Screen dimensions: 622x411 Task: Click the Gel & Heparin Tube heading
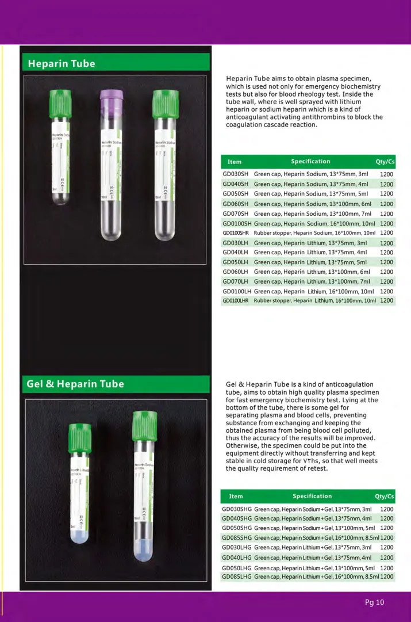tap(75, 384)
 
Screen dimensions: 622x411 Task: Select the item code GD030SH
tap(235, 174)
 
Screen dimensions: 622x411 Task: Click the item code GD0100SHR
tap(236, 232)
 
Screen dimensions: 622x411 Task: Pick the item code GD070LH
tap(235, 281)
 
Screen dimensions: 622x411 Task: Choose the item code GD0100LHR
tap(236, 300)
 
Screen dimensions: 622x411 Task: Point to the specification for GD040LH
tap(310, 252)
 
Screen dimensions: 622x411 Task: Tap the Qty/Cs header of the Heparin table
tap(385, 162)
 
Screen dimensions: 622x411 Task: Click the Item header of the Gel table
tap(236, 496)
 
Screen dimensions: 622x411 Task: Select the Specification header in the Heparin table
tap(310, 162)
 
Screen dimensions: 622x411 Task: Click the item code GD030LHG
tap(237, 547)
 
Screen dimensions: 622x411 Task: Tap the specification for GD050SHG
tap(314, 528)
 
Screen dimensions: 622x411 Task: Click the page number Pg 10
tap(374, 602)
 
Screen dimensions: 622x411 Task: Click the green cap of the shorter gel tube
tap(79, 438)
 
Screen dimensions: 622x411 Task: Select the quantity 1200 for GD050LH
tap(386, 262)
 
